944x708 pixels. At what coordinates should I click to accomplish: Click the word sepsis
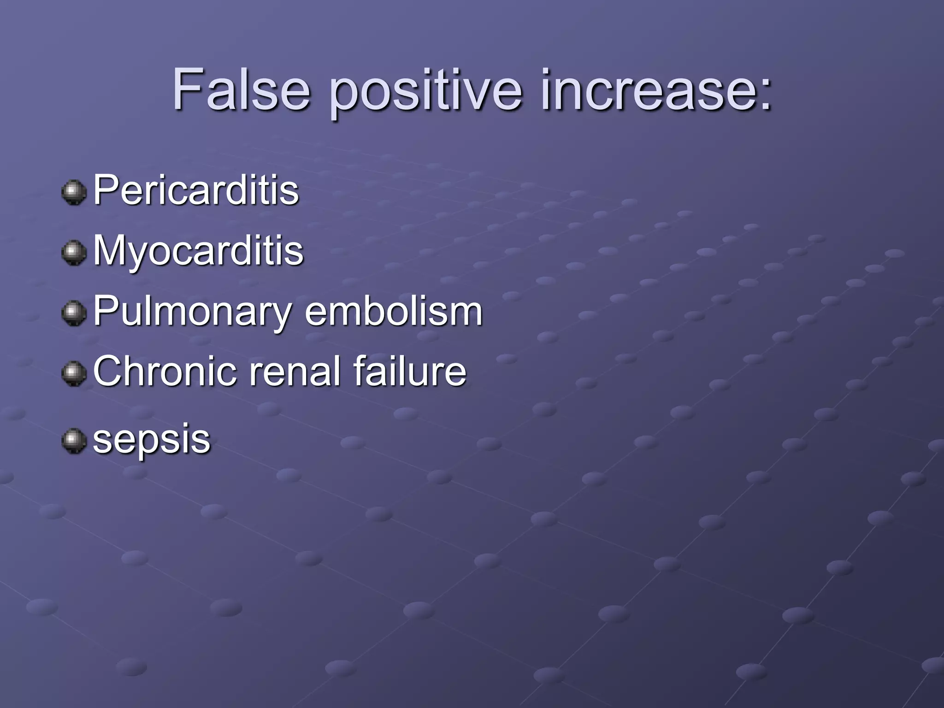[x=152, y=440]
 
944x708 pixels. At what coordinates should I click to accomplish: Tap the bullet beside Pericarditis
[x=74, y=192]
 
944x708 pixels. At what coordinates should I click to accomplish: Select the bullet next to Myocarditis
[x=74, y=253]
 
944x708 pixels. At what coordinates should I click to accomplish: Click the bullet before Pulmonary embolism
[x=74, y=313]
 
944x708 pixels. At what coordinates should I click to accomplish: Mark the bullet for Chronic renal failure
[x=74, y=373]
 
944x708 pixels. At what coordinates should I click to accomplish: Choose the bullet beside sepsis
[x=74, y=441]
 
